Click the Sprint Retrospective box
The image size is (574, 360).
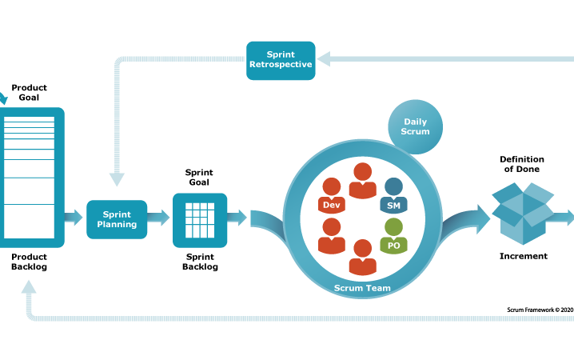280,60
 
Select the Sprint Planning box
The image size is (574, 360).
117,219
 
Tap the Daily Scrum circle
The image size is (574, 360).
415,126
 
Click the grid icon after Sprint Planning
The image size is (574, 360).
200,220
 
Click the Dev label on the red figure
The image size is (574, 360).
331,205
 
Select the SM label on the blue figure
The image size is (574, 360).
393,206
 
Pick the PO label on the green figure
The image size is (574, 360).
393,246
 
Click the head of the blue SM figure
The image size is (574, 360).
393,186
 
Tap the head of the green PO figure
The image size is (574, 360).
393,226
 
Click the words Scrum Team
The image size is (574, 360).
363,286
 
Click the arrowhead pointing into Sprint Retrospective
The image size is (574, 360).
323,58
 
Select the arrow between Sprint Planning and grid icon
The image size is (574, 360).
159,218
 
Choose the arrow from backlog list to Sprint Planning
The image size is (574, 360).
74,218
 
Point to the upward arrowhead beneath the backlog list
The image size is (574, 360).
29,286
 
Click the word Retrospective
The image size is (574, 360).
280,65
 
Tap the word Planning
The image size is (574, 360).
117,225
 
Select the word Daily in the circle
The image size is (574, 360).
415,122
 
